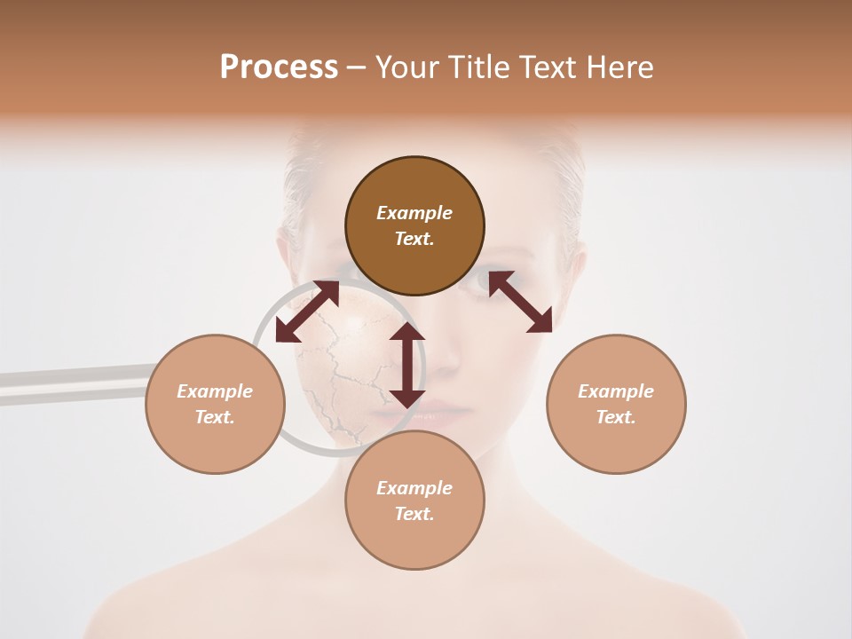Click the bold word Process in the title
point(279,67)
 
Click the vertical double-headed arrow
point(407,365)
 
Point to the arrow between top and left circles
point(307,312)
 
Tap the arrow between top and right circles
point(521,302)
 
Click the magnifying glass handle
point(71,383)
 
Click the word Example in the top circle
point(414,213)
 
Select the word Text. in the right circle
point(616,417)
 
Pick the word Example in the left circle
point(215,391)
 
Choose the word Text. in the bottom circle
point(414,514)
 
